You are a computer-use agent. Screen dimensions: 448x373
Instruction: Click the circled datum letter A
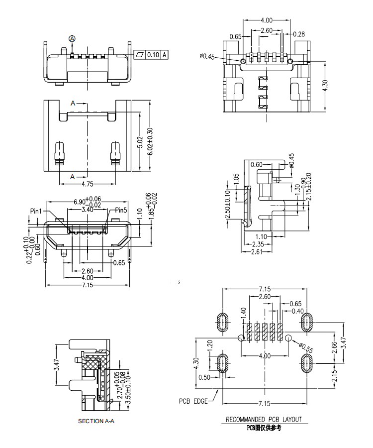point(72,38)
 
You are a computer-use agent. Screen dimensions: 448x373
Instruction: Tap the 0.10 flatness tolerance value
point(153,55)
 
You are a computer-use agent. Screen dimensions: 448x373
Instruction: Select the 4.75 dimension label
point(88,184)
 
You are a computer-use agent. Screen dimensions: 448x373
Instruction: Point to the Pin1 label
point(36,211)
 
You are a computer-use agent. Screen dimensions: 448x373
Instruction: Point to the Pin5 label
point(121,210)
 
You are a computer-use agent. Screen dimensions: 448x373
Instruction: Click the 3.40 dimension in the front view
point(88,210)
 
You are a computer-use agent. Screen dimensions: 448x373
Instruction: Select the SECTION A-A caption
point(96,421)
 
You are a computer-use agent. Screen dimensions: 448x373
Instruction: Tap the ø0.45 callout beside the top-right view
point(207,57)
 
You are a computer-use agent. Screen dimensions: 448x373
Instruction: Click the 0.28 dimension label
point(299,34)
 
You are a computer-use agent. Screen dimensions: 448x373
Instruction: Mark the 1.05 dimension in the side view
point(236,179)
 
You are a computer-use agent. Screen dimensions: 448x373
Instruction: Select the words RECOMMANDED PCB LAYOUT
point(264,420)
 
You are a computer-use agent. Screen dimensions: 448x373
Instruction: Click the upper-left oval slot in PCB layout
point(222,323)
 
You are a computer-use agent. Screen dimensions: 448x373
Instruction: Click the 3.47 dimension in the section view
point(57,364)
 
